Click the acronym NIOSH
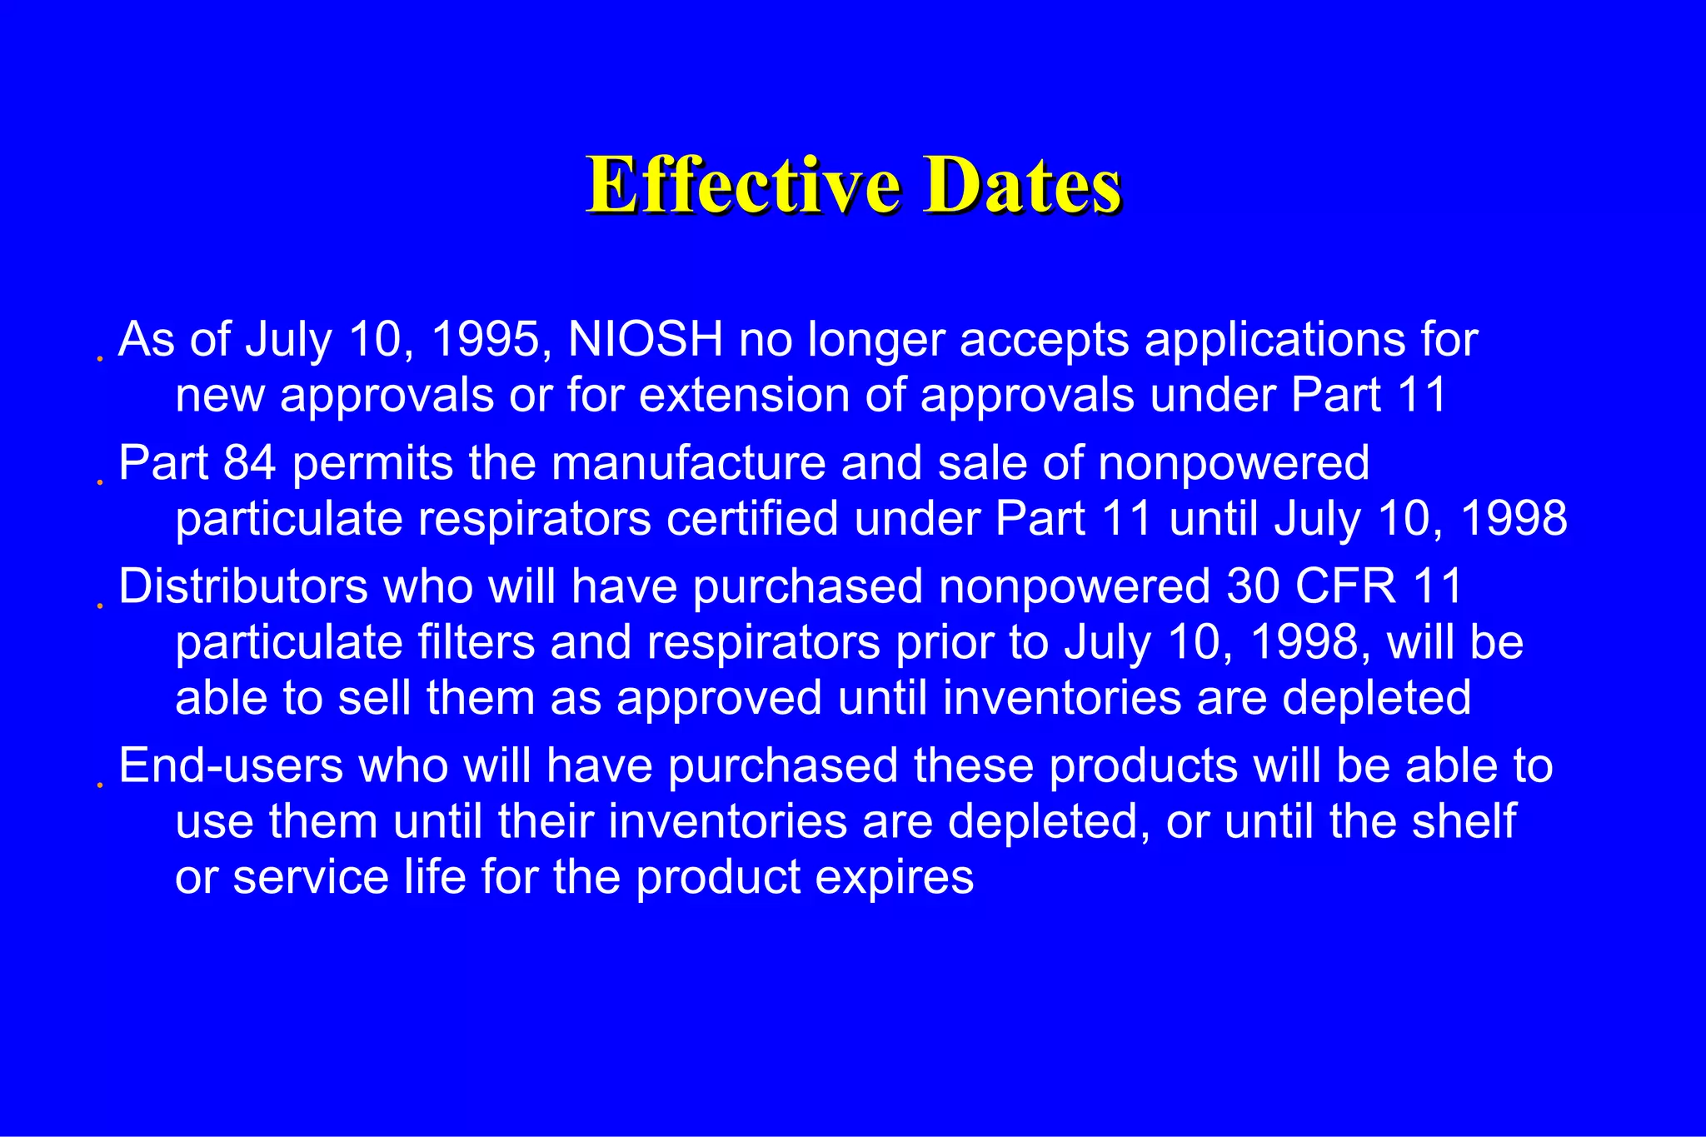[x=646, y=340]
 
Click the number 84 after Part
[x=249, y=463]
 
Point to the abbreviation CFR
[x=1345, y=586]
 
